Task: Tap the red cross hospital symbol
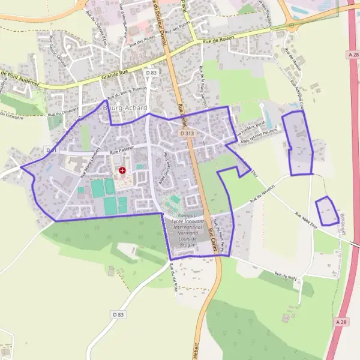(x=122, y=170)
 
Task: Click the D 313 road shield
(x=187, y=133)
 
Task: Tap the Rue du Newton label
(x=257, y=195)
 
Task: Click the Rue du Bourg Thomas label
(x=127, y=94)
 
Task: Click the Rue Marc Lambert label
(x=88, y=162)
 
